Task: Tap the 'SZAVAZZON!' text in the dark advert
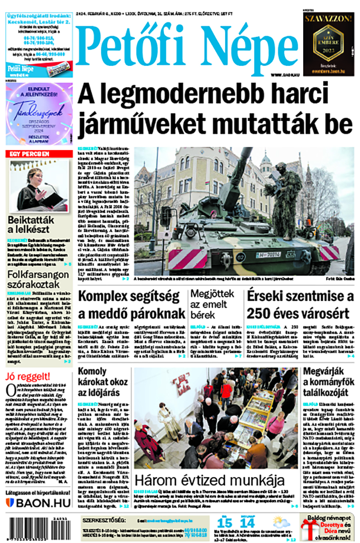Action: [328, 18]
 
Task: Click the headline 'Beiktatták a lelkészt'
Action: [30, 225]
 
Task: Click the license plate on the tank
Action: [268, 255]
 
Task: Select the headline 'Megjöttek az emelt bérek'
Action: [212, 304]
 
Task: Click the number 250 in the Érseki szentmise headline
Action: [260, 313]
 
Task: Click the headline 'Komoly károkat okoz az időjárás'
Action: [102, 382]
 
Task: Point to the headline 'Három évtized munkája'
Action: [210, 479]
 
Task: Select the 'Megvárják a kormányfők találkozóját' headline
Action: [328, 382]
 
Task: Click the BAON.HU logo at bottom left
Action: [39, 503]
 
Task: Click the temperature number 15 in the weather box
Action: [224, 523]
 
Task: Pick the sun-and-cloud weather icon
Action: [282, 523]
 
